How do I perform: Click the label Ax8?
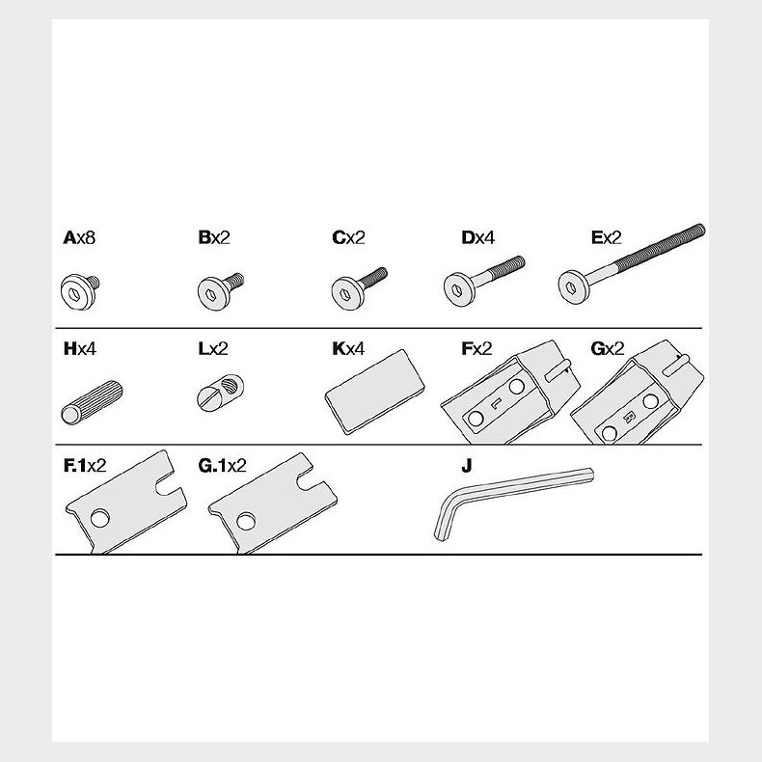(79, 237)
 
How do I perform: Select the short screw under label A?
(80, 291)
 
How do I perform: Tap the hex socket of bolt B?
(211, 294)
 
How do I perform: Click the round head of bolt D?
(457, 290)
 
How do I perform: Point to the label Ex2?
(606, 237)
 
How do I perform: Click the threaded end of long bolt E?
(660, 246)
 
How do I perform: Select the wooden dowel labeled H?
(92, 402)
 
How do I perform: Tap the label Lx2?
(213, 349)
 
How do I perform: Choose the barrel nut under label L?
(220, 393)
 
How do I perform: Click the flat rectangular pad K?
(374, 392)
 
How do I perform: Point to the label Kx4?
(348, 349)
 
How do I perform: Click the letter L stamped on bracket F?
(496, 403)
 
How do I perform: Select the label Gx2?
(608, 349)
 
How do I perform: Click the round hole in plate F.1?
(99, 519)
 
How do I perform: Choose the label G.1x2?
(222, 466)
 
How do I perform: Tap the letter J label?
(467, 466)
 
